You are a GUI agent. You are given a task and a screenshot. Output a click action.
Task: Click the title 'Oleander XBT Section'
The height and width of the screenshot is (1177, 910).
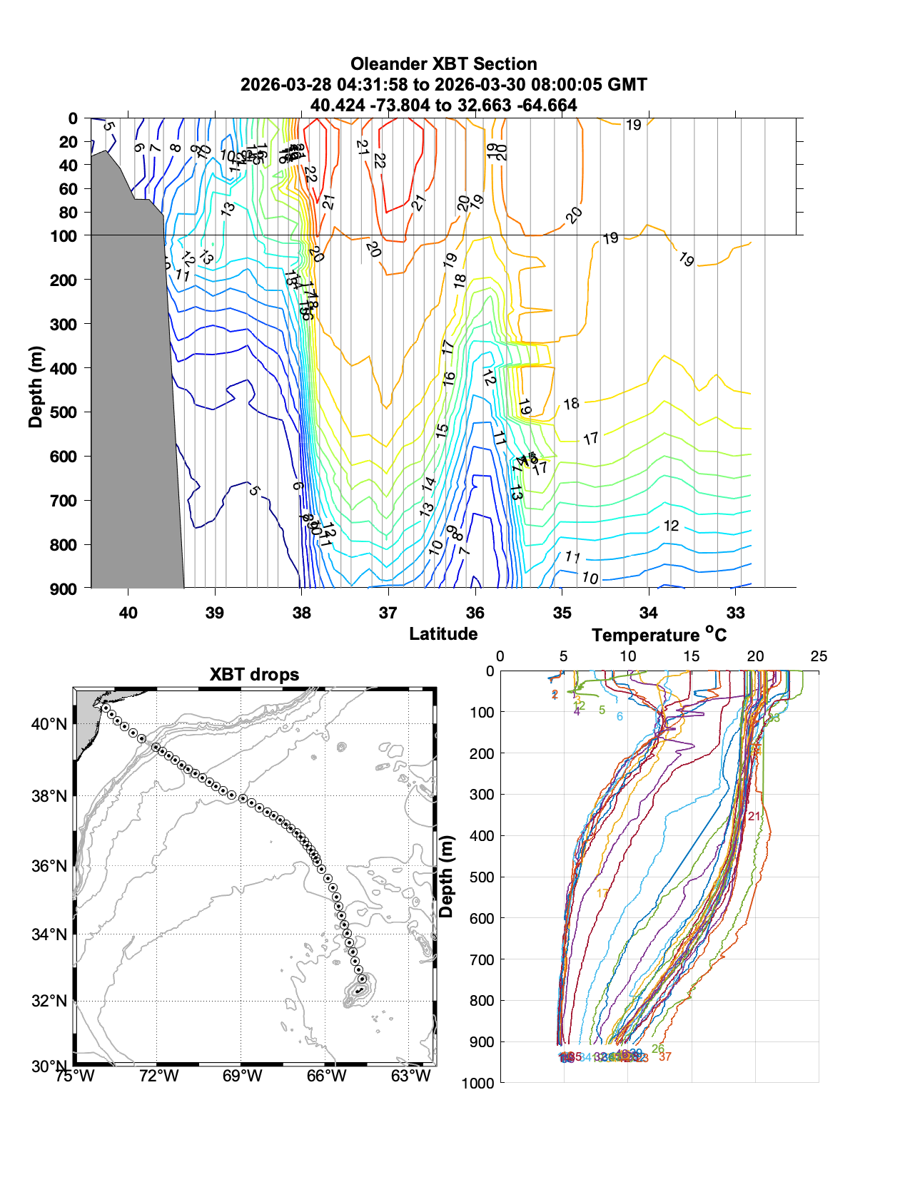point(443,64)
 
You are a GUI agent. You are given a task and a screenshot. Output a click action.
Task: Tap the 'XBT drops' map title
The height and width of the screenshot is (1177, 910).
point(254,675)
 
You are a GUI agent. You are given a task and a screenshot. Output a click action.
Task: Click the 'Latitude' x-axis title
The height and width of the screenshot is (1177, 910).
point(443,633)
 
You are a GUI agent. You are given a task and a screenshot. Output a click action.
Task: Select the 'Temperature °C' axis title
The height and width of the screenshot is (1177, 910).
point(659,635)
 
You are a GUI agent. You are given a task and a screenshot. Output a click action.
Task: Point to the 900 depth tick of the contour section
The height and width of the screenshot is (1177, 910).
point(64,588)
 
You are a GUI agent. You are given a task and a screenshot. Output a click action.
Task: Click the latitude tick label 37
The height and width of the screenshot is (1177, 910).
point(388,613)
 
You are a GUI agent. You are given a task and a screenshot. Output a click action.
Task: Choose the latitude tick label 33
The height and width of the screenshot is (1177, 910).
point(735,613)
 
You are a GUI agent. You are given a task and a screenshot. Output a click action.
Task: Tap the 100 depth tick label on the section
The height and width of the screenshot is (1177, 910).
point(64,235)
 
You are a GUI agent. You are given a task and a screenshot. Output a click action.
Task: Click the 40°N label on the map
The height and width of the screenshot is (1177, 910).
point(49,724)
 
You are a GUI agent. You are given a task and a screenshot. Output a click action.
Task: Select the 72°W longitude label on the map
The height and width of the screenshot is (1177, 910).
point(158,1076)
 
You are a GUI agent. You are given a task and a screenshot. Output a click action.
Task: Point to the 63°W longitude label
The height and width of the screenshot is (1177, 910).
point(411,1076)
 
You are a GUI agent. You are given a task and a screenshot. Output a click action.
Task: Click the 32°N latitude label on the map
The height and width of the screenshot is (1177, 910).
point(49,1001)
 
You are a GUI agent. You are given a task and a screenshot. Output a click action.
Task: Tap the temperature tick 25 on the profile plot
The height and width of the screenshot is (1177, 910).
point(819,656)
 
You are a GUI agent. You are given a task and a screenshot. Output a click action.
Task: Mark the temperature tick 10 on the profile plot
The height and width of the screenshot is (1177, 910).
point(627,656)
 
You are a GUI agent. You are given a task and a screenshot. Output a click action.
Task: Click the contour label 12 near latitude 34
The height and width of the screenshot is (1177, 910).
point(671,526)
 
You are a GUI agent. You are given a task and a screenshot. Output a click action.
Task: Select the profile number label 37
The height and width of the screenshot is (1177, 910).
point(665,1056)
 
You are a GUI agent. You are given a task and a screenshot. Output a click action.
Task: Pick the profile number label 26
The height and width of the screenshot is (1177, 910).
point(657,1049)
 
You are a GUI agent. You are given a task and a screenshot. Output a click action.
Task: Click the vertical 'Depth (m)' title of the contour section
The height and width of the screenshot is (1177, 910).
point(36,387)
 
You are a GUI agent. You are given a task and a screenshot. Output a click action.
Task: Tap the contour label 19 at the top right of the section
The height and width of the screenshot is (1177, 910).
point(633,125)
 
